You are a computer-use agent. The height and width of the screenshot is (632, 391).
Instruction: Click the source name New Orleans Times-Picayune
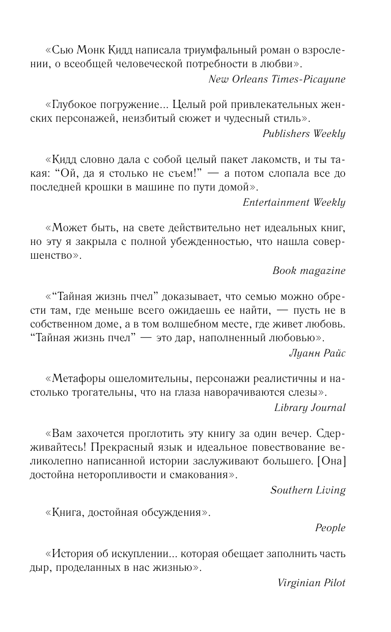click(277, 79)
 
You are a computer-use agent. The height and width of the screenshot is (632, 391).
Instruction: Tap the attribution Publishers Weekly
click(304, 134)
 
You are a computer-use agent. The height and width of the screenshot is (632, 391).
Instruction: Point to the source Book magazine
click(309, 270)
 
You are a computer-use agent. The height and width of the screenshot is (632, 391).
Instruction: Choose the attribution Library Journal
click(310, 407)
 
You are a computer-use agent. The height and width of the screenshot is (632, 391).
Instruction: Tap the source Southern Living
click(308, 490)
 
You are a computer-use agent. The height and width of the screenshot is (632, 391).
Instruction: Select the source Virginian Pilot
click(312, 583)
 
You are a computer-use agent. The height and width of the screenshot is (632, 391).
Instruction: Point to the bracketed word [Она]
click(330, 462)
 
